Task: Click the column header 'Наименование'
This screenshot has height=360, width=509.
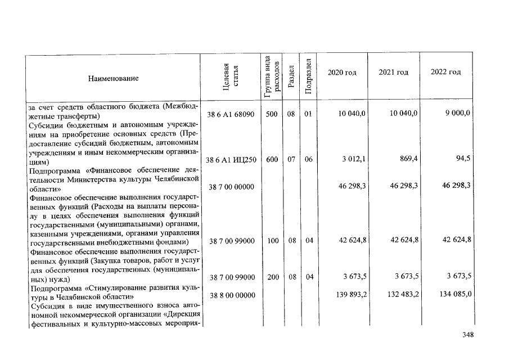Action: (112, 78)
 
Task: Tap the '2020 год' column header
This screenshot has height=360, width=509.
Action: (342, 73)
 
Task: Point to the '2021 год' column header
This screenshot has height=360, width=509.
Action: (393, 73)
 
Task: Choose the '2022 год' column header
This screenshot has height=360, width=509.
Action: (445, 73)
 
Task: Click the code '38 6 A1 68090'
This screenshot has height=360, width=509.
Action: (231, 114)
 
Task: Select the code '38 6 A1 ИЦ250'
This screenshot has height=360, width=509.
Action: (231, 160)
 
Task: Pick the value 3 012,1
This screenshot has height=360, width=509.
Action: (354, 159)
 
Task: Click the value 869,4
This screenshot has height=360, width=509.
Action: (407, 159)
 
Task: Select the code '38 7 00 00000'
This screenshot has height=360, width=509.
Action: (231, 186)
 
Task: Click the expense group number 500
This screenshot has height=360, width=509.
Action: (271, 114)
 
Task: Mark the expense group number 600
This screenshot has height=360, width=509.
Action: (271, 160)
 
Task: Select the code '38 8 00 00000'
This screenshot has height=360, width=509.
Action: (231, 294)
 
